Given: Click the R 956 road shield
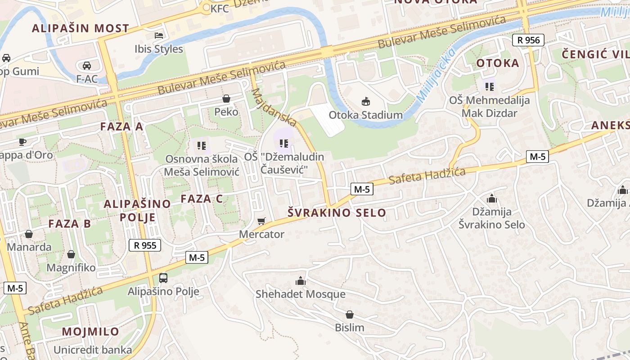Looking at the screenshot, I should coord(528,40).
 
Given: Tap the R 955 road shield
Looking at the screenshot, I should coord(145,245).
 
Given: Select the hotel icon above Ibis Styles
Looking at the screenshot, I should coord(159,35).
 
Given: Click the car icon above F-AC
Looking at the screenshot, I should coord(87,66).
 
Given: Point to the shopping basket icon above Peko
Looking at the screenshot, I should coord(226,99).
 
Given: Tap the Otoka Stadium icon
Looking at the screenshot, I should coord(365,102).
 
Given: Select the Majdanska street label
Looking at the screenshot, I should coord(274,107).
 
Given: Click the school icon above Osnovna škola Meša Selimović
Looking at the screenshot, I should coord(201,145).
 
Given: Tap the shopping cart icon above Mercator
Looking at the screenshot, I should coord(261,221).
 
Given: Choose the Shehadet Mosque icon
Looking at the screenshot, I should coord(301,281).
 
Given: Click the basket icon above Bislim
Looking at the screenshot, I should coord(349,315).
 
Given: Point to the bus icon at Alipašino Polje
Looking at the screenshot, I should coord(163,278).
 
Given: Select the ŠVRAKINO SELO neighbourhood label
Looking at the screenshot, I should coord(337,213).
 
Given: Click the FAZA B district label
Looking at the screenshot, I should coord(69,223).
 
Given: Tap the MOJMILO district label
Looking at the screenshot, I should coord(90,332).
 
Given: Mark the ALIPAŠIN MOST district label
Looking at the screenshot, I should coord(80,28).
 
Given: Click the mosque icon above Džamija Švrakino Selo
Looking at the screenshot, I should coord(491,198).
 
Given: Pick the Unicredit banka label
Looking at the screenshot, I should coord(93,350).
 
